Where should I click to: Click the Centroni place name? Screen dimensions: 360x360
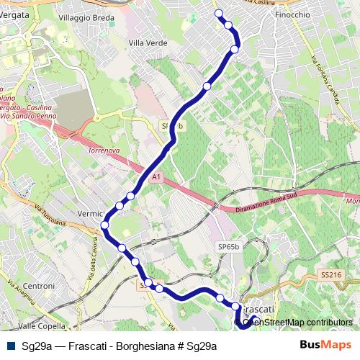(x=40, y=287)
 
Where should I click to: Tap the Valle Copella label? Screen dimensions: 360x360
(x=42, y=325)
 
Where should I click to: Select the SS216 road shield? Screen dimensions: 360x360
(x=330, y=276)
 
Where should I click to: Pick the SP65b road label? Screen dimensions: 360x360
(x=228, y=247)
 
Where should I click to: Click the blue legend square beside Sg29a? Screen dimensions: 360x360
(x=10, y=346)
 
